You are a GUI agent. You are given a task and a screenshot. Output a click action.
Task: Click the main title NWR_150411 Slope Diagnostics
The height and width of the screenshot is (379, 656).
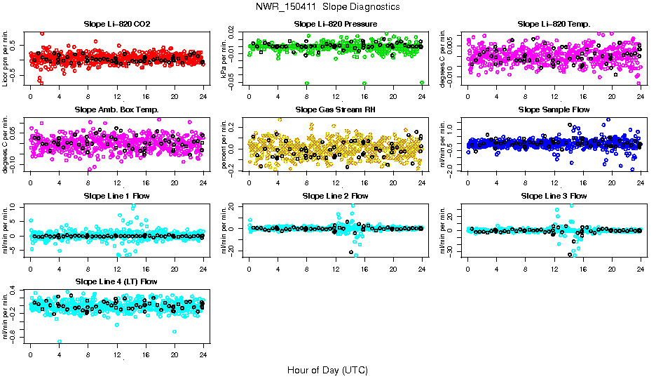tap(328, 6)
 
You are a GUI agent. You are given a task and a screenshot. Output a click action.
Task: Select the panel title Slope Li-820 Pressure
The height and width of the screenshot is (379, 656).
tap(336, 25)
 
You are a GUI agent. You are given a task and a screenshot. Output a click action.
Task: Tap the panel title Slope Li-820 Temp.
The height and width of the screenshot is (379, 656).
tap(554, 25)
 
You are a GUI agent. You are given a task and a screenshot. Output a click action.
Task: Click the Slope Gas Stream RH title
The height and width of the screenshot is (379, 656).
tap(336, 110)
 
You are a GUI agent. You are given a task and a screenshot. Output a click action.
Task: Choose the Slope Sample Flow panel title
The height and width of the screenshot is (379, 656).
tap(554, 110)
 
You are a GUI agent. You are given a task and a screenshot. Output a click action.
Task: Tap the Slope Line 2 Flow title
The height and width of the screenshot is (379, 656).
tap(336, 196)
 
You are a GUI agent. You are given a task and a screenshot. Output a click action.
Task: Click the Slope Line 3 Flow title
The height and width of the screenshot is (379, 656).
tap(554, 196)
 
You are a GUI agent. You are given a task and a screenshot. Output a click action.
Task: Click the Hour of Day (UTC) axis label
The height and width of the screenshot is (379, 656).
tap(327, 370)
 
